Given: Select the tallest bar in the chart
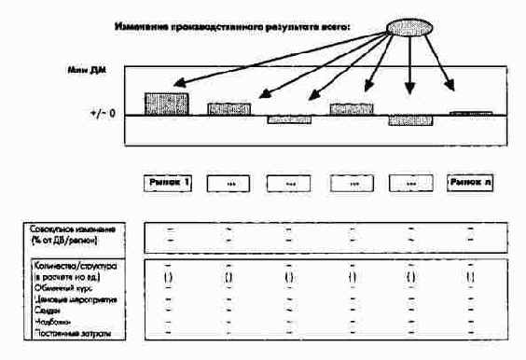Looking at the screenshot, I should pyautogui.click(x=166, y=104).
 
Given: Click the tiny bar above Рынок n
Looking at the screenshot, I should pyautogui.click(x=470, y=113).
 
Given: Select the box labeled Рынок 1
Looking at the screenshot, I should pyautogui.click(x=168, y=183).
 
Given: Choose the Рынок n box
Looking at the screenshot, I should pyautogui.click(x=470, y=183).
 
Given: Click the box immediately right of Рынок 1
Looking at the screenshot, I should pyautogui.click(x=228, y=184).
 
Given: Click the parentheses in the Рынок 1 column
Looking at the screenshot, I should pyautogui.click(x=168, y=276).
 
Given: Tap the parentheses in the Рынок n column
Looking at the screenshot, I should pyautogui.click(x=470, y=276).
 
